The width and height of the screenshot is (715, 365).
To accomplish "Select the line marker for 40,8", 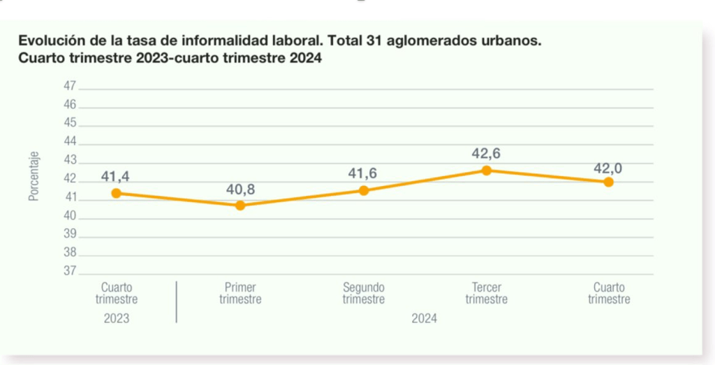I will click(240, 206).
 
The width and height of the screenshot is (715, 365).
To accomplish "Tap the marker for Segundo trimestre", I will click(364, 190).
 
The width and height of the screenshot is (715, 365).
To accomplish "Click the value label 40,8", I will click(240, 189).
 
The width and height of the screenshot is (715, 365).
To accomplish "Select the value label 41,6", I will click(364, 173).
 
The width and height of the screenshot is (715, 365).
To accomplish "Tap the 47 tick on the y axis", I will click(69, 86).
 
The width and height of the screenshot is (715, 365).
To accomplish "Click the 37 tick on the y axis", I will click(69, 271).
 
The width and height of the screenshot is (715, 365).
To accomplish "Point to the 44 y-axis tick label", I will click(69, 141).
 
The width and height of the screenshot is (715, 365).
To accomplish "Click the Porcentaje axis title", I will click(34, 178).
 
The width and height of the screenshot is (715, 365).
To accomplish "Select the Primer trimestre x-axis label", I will click(240, 294).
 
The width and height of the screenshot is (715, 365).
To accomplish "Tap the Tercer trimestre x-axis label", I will click(487, 294).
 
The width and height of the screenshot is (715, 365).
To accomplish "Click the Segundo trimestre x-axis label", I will click(364, 294).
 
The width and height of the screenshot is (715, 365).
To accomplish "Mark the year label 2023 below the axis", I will click(116, 318).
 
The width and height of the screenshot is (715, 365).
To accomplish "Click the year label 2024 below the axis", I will click(425, 318).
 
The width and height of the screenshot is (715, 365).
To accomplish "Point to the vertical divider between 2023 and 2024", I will click(177, 302).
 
